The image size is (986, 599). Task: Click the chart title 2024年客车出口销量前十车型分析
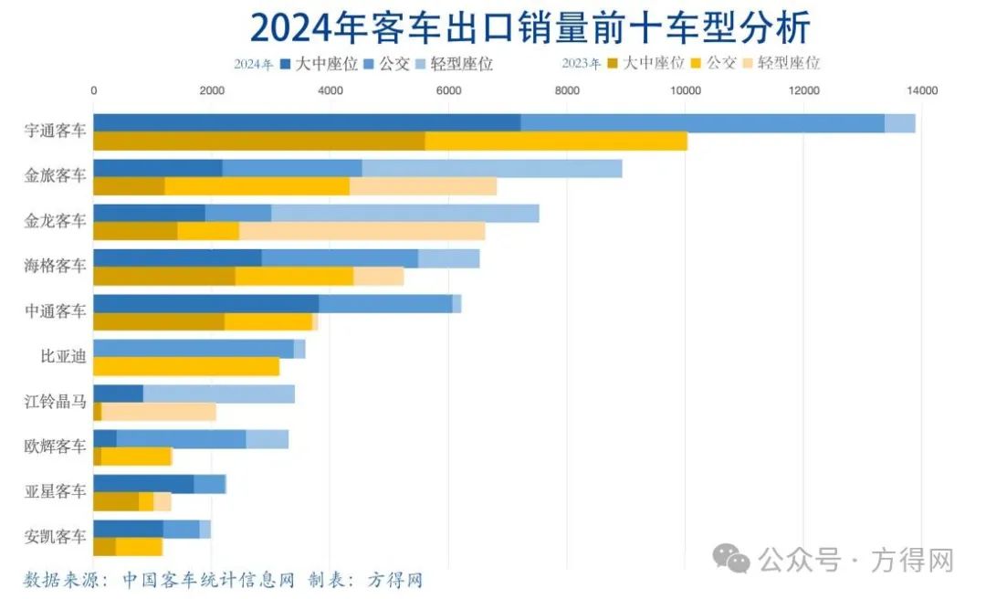pos(530,28)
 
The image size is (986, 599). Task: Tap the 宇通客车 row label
pos(56,131)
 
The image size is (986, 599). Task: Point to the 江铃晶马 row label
pos(56,401)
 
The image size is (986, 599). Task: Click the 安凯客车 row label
pos(56,536)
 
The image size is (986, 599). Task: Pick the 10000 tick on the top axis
pos(685,90)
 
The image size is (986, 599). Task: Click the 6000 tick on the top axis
pos(448,90)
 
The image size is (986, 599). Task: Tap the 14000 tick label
pos(921,90)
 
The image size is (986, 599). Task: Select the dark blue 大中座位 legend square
pos(286,64)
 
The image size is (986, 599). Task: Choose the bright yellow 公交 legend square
pos(698,63)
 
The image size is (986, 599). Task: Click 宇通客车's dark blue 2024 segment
pos(307,123)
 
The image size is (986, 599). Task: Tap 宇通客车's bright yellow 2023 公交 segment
pos(555,142)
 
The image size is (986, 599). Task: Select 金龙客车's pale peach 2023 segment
pos(362,231)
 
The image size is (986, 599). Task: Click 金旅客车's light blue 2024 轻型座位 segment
pos(491,168)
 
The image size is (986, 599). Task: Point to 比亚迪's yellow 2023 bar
pos(186,366)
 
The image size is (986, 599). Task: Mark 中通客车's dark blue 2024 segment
pos(206,303)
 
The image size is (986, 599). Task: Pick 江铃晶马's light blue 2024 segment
pos(219,394)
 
